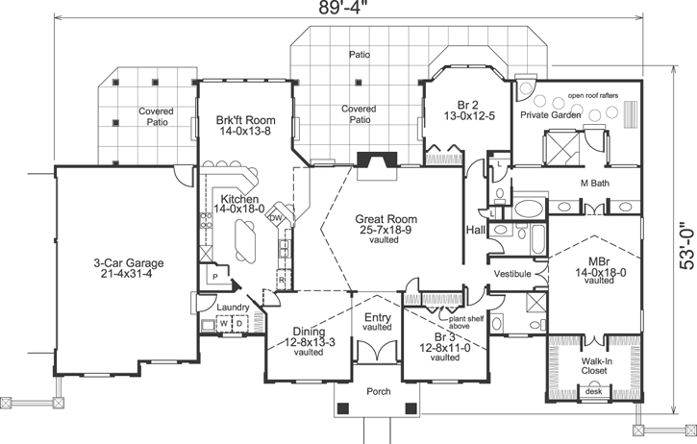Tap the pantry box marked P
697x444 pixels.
[x=214, y=274]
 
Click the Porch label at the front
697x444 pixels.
[x=378, y=393]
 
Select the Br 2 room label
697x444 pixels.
[x=468, y=109]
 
